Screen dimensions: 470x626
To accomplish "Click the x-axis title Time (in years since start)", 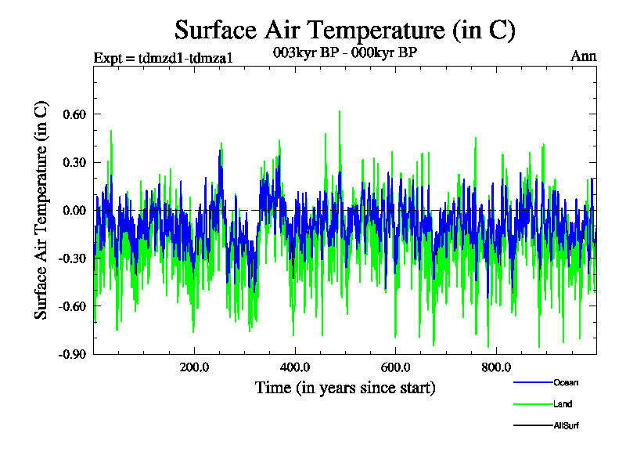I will (x=345, y=387).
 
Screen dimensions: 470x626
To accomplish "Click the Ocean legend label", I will (x=566, y=382).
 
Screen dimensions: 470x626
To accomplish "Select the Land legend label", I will (x=563, y=404).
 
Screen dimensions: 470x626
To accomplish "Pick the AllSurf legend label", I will (x=566, y=425).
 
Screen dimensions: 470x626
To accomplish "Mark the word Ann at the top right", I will (x=584, y=56).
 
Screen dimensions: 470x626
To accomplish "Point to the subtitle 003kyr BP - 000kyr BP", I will (x=345, y=53).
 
